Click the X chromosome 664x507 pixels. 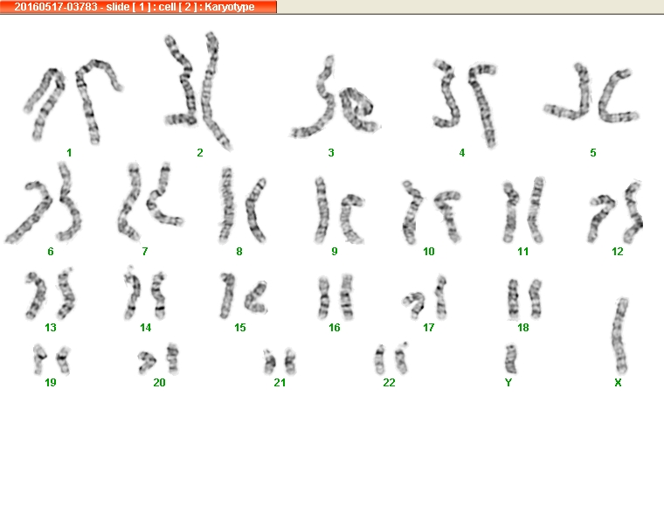(x=620, y=337)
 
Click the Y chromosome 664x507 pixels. (x=511, y=359)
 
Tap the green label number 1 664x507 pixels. (x=69, y=152)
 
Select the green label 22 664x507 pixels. (x=389, y=383)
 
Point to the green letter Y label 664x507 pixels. (x=508, y=383)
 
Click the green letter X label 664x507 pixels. (x=618, y=383)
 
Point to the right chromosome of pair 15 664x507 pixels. (x=255, y=298)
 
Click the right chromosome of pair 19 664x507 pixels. (x=64, y=359)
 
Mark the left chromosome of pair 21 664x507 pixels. (x=269, y=362)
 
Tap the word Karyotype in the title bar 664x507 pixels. (x=230, y=7)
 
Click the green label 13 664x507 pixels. (x=51, y=328)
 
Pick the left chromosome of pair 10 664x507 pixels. (x=412, y=212)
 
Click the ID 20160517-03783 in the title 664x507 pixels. (x=56, y=7)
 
